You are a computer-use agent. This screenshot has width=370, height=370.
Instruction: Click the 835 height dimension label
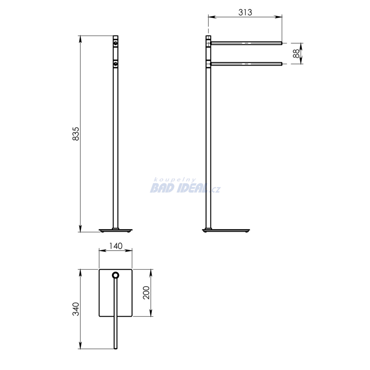click(76, 134)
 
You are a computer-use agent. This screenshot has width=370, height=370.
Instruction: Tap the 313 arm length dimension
click(245, 12)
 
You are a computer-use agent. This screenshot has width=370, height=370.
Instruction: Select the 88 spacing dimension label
click(296, 53)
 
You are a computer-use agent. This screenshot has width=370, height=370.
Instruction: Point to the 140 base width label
click(116, 246)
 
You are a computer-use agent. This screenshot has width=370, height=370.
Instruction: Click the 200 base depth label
click(147, 293)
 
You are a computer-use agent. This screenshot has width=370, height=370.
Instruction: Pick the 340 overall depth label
click(76, 309)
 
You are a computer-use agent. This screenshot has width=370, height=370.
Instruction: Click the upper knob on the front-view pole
click(115, 43)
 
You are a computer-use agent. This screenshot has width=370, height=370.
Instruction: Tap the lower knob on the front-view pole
click(115, 64)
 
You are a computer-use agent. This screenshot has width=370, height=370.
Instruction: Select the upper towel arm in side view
click(246, 43)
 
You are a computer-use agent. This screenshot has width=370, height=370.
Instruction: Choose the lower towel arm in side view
click(246, 64)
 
